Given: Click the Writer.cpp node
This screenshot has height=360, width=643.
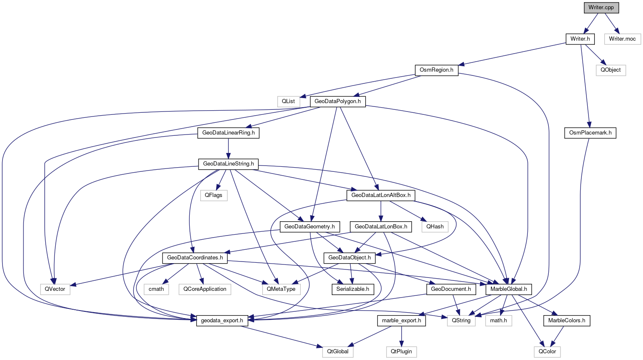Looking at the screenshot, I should [601, 8].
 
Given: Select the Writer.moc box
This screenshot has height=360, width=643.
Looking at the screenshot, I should [622, 39].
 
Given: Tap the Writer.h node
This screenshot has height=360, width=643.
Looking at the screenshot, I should [580, 39].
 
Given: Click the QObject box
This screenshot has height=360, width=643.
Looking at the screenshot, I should [610, 70].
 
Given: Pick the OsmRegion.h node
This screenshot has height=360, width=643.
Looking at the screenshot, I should [436, 70].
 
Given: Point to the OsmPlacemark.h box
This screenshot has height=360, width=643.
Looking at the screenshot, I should [590, 133].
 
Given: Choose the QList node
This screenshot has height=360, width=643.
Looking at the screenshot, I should [288, 101].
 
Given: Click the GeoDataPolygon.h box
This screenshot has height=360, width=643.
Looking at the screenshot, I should [338, 101].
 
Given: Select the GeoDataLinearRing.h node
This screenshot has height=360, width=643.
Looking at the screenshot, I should [228, 133].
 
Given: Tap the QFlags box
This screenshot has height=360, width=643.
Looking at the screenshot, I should [214, 195].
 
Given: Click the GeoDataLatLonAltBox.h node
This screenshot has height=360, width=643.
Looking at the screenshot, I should [381, 195].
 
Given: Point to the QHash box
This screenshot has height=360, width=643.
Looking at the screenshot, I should [435, 227].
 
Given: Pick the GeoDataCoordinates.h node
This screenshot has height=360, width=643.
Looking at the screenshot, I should [195, 258].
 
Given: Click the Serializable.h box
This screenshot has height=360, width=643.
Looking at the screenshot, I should [353, 289].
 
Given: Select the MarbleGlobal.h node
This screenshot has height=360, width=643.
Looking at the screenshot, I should [509, 289].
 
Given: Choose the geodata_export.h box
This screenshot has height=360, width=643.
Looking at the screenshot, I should [222, 321].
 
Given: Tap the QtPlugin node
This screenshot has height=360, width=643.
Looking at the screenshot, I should [401, 352].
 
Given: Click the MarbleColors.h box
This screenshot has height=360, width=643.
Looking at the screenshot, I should [567, 321].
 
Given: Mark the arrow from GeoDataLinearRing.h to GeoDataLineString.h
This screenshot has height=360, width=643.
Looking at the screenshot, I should [228, 148].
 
